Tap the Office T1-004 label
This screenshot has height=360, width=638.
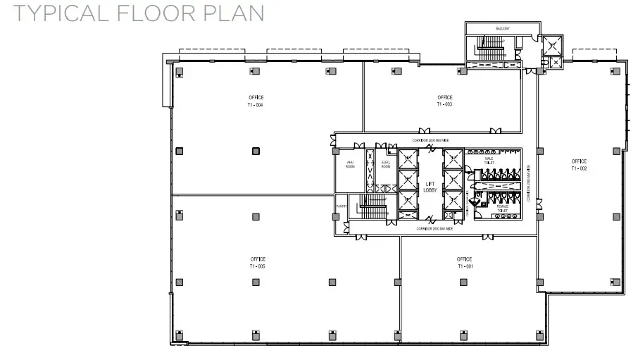(255, 100)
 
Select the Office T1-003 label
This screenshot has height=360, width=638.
(444, 100)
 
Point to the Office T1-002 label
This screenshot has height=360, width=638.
(579, 165)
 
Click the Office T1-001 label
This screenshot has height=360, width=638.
(464, 262)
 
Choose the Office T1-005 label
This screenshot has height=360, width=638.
(256, 263)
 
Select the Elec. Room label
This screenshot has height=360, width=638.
(386, 165)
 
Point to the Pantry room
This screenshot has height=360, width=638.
(341, 206)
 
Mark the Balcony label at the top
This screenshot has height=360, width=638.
(502, 28)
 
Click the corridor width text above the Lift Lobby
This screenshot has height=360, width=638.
(430, 141)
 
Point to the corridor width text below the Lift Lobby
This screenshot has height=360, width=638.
(434, 229)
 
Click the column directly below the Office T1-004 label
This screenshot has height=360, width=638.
(256, 150)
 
